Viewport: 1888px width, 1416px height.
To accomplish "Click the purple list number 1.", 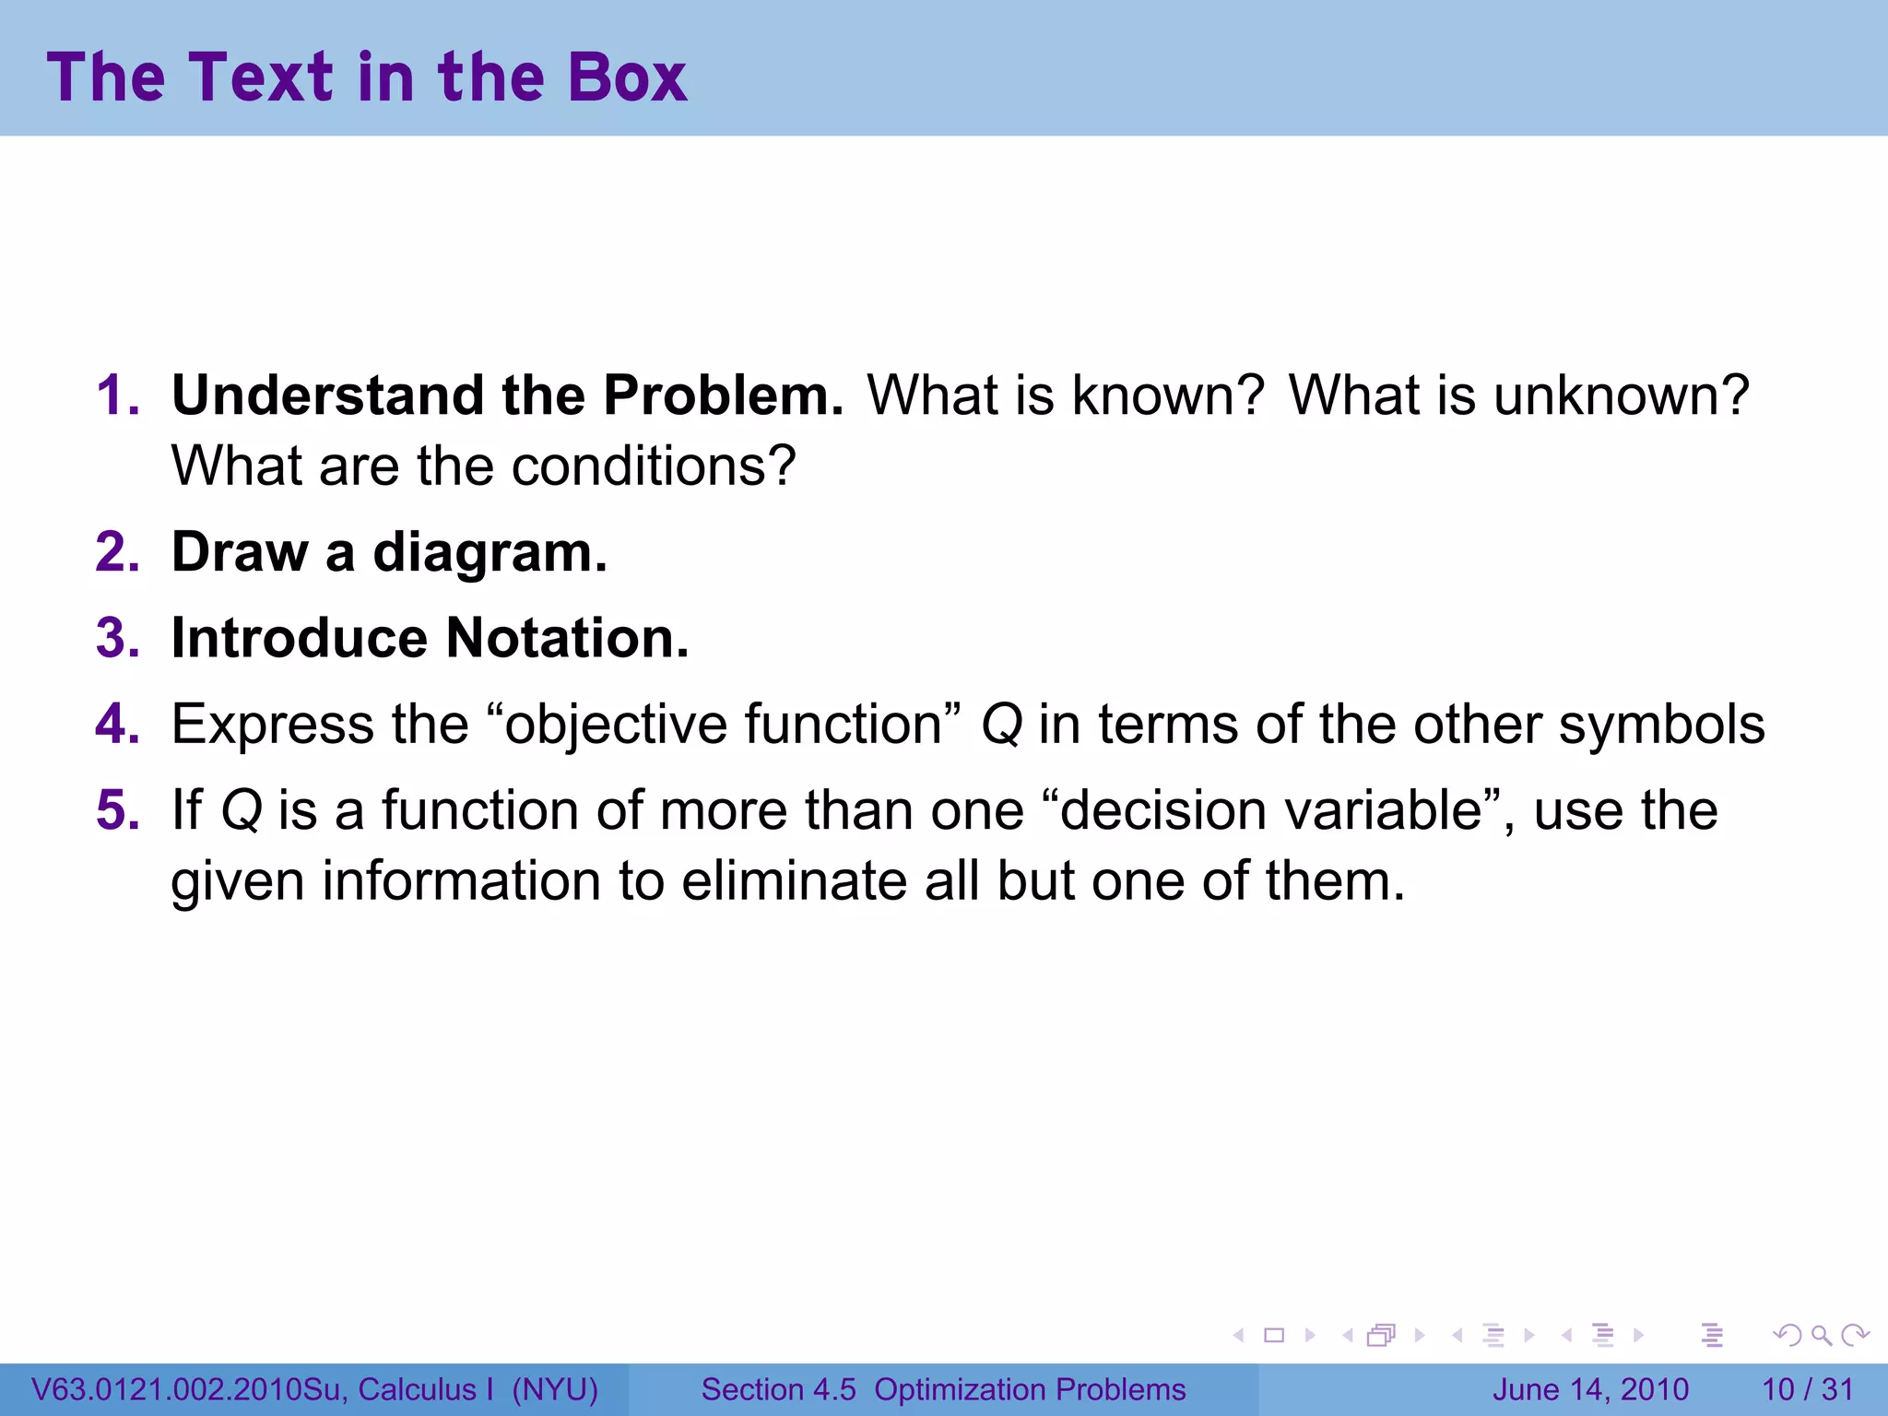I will click(x=117, y=395).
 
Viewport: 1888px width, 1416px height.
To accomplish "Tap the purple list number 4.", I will click(x=117, y=725).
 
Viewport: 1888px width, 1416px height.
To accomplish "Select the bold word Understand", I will click(x=327, y=395).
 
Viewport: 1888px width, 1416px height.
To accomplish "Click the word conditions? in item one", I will click(x=654, y=466).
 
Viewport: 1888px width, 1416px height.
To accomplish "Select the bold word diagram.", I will click(x=490, y=553).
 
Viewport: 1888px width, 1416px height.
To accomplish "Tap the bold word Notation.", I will click(x=567, y=638).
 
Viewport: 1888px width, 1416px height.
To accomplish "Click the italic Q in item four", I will click(x=1002, y=726).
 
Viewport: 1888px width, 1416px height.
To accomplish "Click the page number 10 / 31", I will click(x=1807, y=1389).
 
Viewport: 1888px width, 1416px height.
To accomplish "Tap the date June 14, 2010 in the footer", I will click(x=1590, y=1389).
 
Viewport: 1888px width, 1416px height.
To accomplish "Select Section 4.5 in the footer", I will click(x=779, y=1389).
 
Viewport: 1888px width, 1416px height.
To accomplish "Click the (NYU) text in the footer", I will click(x=555, y=1389).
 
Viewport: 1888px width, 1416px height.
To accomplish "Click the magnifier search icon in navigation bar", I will click(x=1821, y=1336).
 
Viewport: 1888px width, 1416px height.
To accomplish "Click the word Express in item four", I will click(x=273, y=726).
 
